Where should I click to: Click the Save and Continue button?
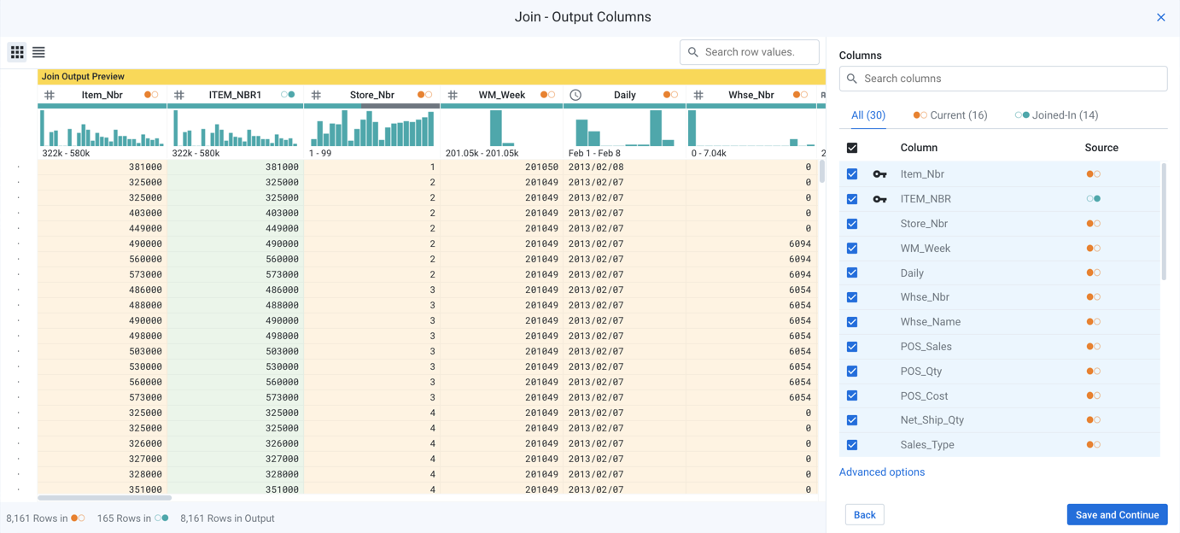click(1116, 514)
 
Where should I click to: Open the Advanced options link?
click(881, 471)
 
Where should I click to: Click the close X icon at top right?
click(1160, 17)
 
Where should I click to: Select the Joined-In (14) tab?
click(1056, 115)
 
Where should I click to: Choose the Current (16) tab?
click(949, 115)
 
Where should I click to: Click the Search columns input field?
click(1003, 79)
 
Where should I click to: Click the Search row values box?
click(749, 52)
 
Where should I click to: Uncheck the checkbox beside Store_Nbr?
click(852, 224)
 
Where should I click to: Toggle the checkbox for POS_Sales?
click(852, 347)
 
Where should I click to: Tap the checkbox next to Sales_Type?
click(852, 445)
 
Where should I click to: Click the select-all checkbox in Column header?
click(852, 148)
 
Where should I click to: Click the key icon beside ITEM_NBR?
click(879, 199)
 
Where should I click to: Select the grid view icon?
click(17, 52)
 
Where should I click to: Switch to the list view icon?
click(38, 52)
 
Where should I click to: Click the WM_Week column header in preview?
click(501, 95)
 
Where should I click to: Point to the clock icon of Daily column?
click(575, 95)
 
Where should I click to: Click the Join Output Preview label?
click(83, 77)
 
